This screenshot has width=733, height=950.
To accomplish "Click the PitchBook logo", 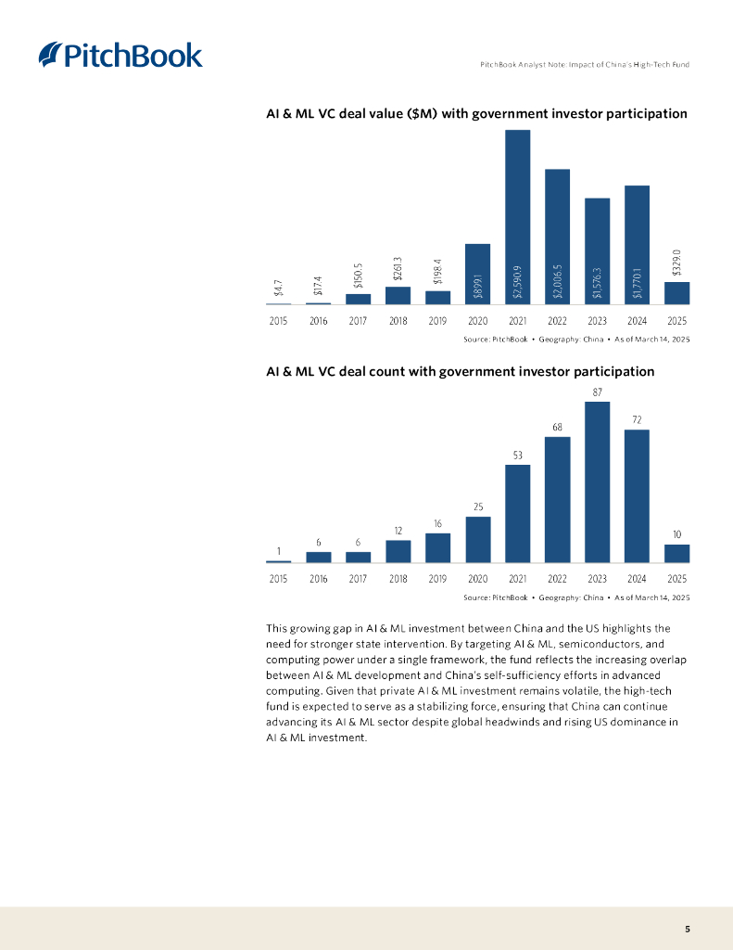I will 120,55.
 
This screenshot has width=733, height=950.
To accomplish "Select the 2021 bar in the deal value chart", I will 518,217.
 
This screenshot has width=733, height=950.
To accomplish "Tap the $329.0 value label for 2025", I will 676,262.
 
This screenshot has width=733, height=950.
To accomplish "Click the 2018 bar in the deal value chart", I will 398,295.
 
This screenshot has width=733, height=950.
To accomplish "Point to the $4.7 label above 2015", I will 279,288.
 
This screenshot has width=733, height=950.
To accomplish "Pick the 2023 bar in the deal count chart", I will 598,481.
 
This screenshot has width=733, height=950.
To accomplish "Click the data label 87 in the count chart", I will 598,392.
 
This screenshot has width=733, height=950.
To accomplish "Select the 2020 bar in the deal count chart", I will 478,539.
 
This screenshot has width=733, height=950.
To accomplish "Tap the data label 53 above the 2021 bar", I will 518,455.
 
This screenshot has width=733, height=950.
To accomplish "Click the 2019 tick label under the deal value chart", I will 438,321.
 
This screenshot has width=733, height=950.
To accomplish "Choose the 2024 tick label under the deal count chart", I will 637,579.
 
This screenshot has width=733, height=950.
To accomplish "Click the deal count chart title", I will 460,372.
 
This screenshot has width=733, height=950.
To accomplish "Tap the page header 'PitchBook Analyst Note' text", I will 585,64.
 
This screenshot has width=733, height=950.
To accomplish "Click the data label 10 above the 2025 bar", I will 676,534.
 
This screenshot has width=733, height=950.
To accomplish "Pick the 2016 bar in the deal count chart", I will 319,558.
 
